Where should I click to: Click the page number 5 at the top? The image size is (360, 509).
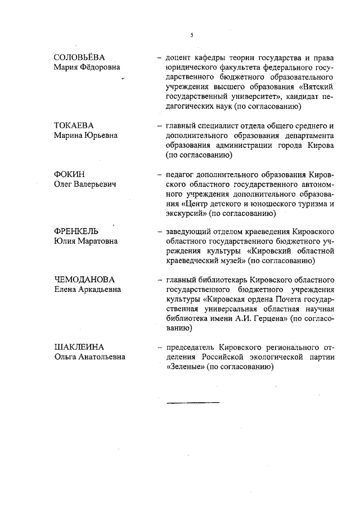191,35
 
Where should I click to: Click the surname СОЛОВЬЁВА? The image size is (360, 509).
79,57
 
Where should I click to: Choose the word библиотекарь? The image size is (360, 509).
218,280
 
